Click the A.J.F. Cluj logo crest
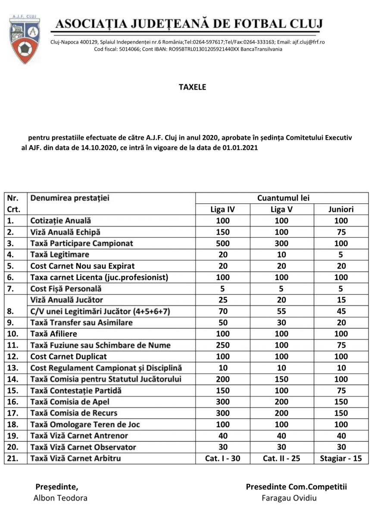click(25, 39)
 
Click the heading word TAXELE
click(192, 87)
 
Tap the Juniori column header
click(341, 209)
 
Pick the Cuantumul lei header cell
click(283, 198)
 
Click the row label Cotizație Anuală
click(61, 221)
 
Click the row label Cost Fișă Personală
click(66, 288)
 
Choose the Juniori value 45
click(341, 311)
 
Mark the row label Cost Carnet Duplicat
click(69, 356)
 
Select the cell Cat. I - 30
click(222, 458)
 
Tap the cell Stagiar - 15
click(341, 458)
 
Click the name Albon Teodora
click(60, 498)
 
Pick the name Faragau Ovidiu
click(289, 498)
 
